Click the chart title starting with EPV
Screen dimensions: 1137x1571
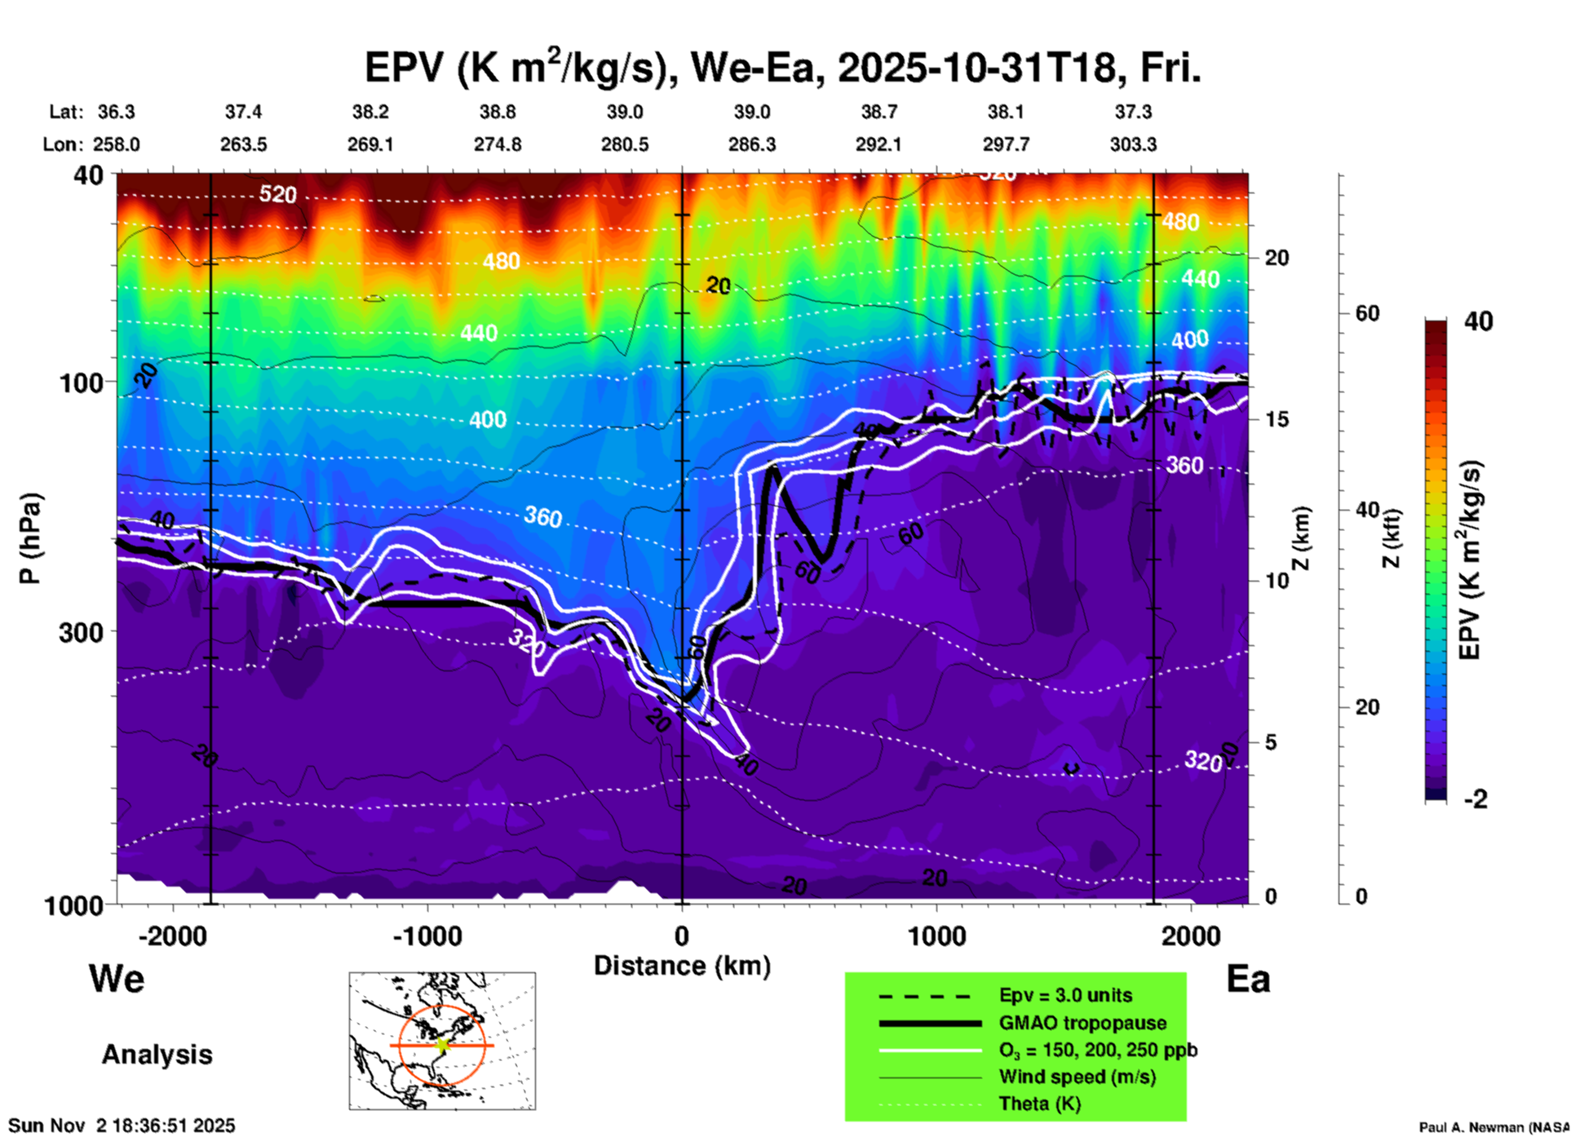pyautogui.click(x=781, y=69)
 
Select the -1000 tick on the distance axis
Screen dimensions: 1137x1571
pyautogui.click(x=427, y=936)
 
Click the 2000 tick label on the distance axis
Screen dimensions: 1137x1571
pyautogui.click(x=1191, y=936)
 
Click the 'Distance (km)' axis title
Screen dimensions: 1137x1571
pyautogui.click(x=682, y=966)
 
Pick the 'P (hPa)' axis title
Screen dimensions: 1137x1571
pyautogui.click(x=30, y=538)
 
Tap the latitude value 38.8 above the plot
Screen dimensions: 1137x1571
pyautogui.click(x=498, y=112)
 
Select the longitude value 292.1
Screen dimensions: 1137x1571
pyautogui.click(x=878, y=144)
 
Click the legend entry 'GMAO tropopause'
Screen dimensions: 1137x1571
pyautogui.click(x=1082, y=1023)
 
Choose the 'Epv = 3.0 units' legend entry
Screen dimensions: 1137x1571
pyautogui.click(x=1065, y=996)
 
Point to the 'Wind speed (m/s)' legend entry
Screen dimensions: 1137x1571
pyautogui.click(x=1077, y=1077)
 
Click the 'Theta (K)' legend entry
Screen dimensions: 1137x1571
pyautogui.click(x=1039, y=1104)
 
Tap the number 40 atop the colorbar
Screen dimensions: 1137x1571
pyautogui.click(x=1478, y=321)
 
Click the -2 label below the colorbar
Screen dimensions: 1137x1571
pyautogui.click(x=1476, y=799)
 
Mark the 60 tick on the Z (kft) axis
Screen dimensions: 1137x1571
pyautogui.click(x=1367, y=313)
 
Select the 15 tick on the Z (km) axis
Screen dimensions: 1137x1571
pyautogui.click(x=1277, y=419)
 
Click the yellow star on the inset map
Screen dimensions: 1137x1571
pyautogui.click(x=443, y=1044)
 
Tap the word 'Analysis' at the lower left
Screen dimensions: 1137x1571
pyautogui.click(x=157, y=1055)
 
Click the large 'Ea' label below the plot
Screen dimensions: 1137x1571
pyautogui.click(x=1248, y=980)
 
